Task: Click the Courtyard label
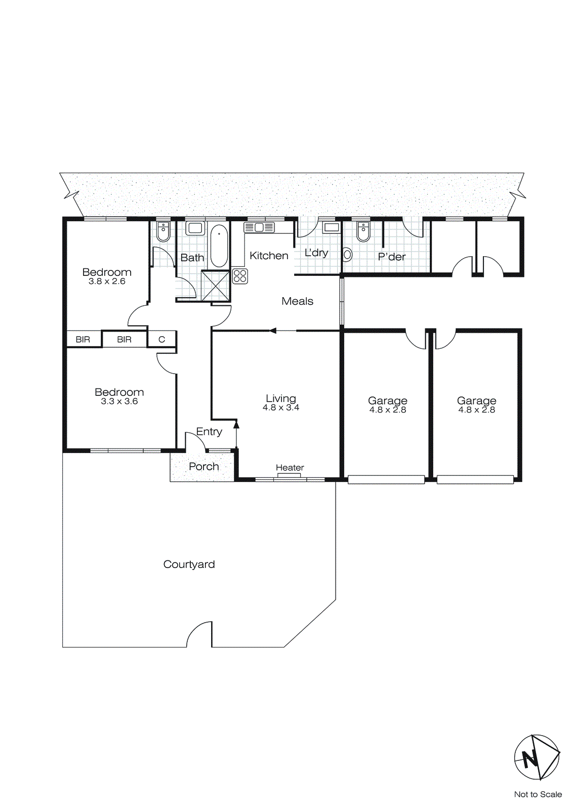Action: coord(189,564)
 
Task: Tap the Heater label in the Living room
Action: coord(290,467)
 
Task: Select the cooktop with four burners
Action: coord(240,276)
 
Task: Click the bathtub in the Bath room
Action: coord(219,246)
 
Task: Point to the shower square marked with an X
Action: coord(215,286)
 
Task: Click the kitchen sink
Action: coord(259,227)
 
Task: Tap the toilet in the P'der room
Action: coord(363,232)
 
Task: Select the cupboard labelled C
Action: coord(162,339)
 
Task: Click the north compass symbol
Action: coord(537,757)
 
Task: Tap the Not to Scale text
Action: coord(538,794)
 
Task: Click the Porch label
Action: coord(203,466)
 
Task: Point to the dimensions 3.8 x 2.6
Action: coord(107,281)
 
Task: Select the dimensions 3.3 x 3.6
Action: coord(119,401)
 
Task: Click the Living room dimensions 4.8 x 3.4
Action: coord(281,408)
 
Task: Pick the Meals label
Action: coord(297,301)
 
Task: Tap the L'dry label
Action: coord(316,252)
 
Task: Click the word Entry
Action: coord(209,431)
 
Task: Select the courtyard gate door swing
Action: coord(199,634)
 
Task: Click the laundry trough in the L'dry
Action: coord(332,227)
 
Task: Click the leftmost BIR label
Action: coord(83,339)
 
